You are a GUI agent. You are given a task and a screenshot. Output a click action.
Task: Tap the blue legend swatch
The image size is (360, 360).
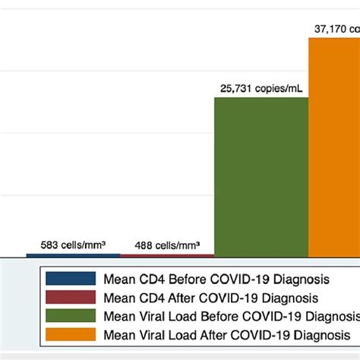click(71, 278)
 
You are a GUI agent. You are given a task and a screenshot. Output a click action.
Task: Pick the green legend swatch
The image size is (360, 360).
click(71, 316)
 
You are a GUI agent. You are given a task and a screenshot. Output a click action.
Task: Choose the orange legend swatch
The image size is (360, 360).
click(71, 335)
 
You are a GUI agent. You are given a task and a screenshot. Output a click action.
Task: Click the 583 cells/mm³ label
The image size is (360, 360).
click(73, 245)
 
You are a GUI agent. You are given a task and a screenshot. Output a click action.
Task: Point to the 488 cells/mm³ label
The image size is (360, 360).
click(167, 245)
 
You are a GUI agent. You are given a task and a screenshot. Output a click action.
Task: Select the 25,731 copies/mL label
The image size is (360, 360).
click(261, 88)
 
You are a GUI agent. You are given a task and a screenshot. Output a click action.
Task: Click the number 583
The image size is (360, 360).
click(50, 245)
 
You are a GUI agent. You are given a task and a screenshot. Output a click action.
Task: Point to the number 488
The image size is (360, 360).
click(144, 245)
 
